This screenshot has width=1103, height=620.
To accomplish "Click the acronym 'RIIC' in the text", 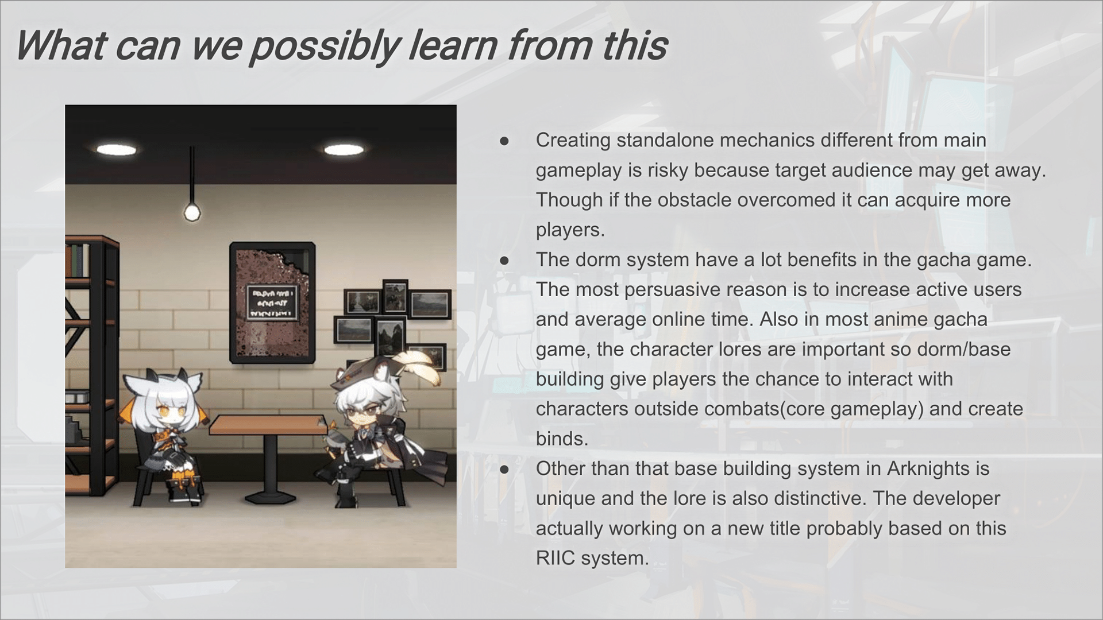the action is [556, 558].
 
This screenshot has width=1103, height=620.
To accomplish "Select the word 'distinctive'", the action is [819, 498].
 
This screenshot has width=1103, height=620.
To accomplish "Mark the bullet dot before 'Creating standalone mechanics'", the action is [504, 141].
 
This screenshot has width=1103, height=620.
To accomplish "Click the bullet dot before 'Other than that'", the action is [504, 470].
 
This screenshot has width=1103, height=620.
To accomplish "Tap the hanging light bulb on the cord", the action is [192, 212].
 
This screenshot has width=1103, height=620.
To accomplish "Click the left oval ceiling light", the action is [117, 150].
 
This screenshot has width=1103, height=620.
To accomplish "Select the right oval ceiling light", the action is [344, 150].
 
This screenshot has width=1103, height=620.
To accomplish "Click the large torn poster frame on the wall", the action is [272, 303].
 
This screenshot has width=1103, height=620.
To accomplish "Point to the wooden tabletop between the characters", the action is [268, 425].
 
